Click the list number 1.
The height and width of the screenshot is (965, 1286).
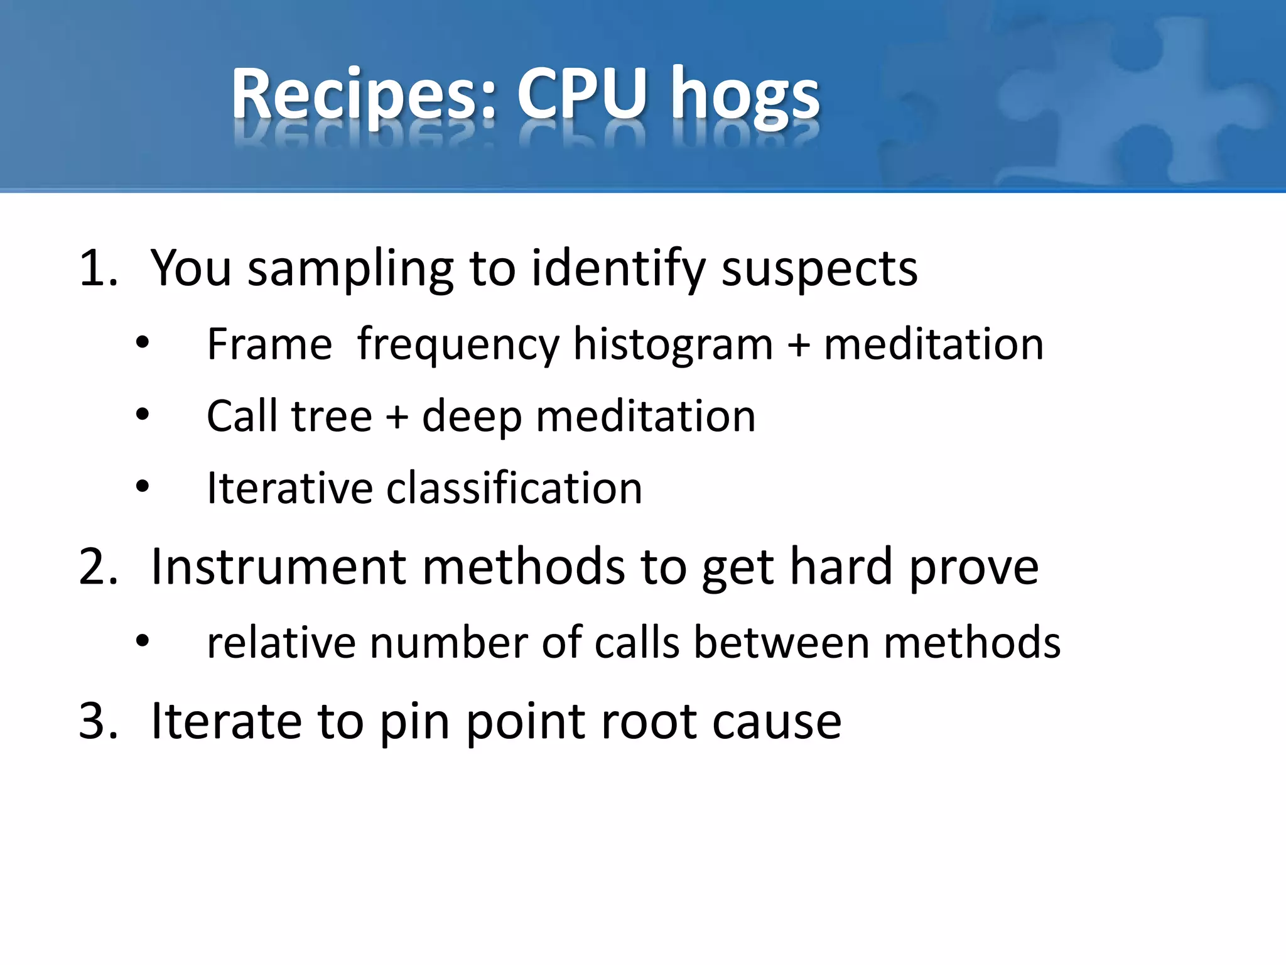[98, 268]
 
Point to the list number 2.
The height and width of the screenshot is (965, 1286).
[98, 567]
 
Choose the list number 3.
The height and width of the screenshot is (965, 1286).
[98, 721]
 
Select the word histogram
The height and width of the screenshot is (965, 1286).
[673, 346]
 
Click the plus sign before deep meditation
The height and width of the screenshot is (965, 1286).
[397, 417]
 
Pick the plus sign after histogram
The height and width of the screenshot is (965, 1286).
[799, 346]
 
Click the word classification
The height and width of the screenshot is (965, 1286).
[514, 488]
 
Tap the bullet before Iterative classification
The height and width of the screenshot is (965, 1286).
[143, 486]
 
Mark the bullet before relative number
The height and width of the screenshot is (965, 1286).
[143, 641]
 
